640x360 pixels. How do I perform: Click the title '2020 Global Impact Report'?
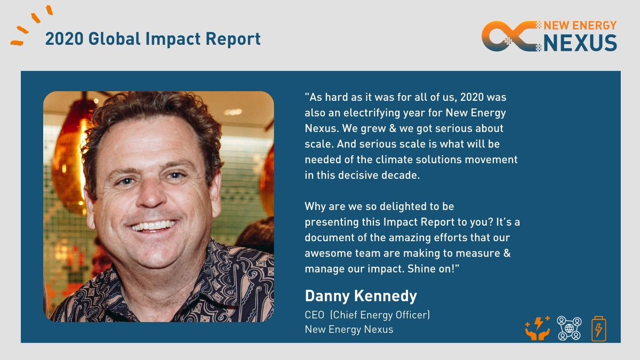click(x=153, y=39)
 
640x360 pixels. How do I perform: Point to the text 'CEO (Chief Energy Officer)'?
click(x=367, y=315)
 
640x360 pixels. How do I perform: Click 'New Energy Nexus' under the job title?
click(x=349, y=329)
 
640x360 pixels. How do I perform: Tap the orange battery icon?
click(x=598, y=329)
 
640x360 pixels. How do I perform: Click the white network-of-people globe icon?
click(x=569, y=328)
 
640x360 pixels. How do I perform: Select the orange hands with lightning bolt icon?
click(x=538, y=328)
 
